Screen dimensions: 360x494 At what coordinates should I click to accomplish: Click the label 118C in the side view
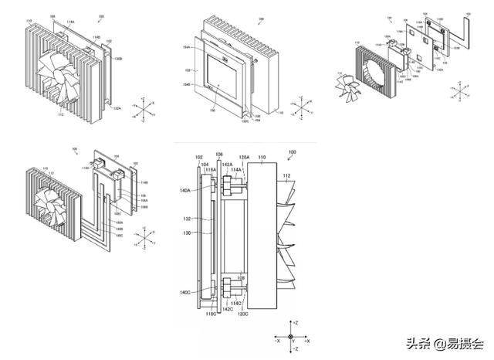pyautogui.click(x=210, y=314)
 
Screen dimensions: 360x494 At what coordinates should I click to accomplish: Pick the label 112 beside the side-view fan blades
pyautogui.click(x=287, y=175)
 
